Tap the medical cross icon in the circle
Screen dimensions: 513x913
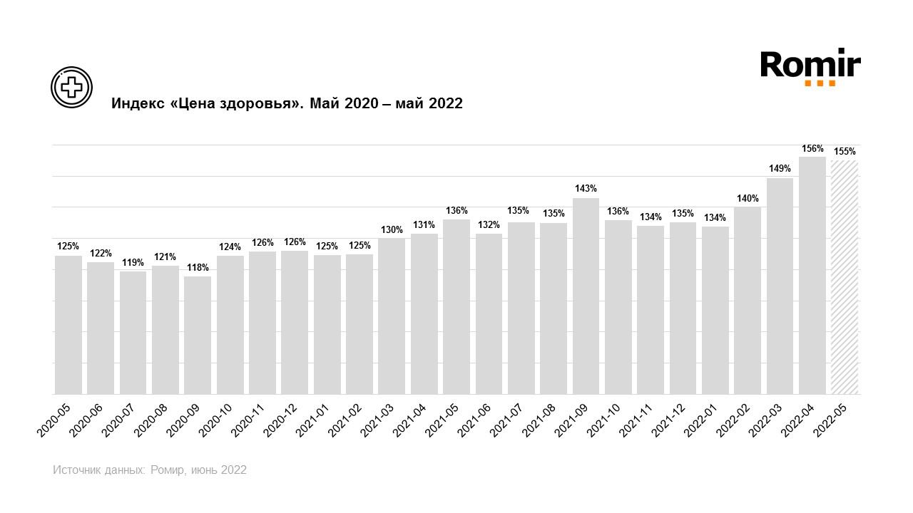click(71, 87)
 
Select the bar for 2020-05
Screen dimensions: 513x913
click(68, 324)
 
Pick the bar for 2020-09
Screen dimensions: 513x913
click(198, 335)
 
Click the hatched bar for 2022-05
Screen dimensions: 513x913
click(845, 277)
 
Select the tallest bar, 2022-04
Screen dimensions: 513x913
click(812, 275)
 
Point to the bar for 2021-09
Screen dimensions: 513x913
click(586, 296)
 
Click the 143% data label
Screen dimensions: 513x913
click(586, 189)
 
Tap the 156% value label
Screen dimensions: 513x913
click(812, 149)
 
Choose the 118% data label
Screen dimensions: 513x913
click(198, 268)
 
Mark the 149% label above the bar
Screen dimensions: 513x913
click(780, 169)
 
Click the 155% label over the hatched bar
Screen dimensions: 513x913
click(845, 152)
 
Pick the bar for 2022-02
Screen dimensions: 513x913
click(748, 300)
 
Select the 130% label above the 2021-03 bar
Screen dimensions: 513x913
click(392, 229)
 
